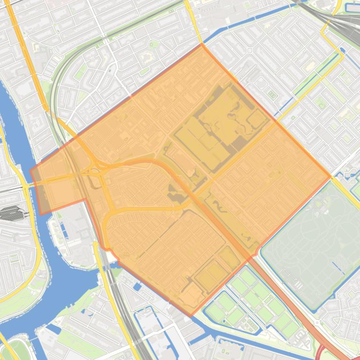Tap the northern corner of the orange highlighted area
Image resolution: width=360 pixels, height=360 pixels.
click(x=202, y=44)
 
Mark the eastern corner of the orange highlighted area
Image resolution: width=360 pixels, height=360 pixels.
click(x=331, y=177)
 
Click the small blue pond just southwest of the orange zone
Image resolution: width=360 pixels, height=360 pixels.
click(x=137, y=286)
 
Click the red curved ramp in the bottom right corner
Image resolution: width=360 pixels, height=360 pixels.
click(x=322, y=352)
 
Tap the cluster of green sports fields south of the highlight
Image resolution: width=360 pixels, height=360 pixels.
click(x=248, y=299)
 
